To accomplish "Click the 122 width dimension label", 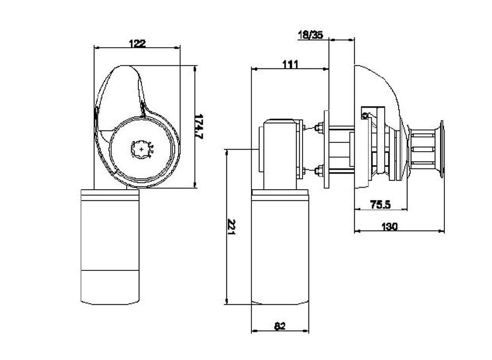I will coord(137,43).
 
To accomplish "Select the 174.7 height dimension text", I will coord(199,128).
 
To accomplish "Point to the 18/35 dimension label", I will coord(310,34).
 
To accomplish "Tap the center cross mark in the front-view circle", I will coord(142,147).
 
